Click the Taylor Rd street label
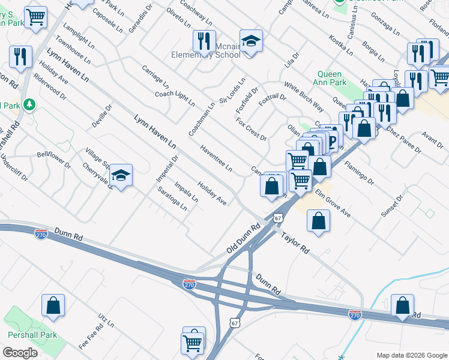tap(295, 241)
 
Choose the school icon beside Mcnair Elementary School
tap(251, 41)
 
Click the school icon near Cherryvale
tap(121, 175)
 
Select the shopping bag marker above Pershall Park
tap(53, 305)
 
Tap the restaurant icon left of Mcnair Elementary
tap(204, 41)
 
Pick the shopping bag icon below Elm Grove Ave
tap(318, 220)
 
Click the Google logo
tap(19, 353)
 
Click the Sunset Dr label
tap(392, 206)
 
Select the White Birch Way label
tap(304, 97)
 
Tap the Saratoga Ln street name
tap(172, 199)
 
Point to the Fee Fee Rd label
tap(91, 338)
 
